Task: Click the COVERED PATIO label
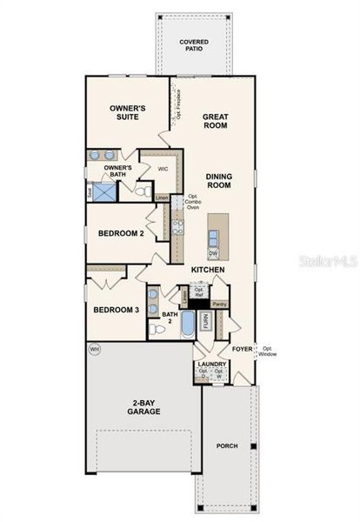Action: click(x=194, y=45)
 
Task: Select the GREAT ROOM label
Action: click(x=215, y=120)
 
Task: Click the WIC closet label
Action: click(x=163, y=170)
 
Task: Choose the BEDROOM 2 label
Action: click(x=121, y=234)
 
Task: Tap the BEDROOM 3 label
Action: click(x=117, y=310)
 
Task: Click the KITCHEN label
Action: click(x=210, y=271)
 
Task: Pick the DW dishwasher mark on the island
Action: click(x=213, y=253)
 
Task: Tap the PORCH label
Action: click(x=227, y=446)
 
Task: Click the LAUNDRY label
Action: click(x=212, y=365)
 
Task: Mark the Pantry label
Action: click(x=220, y=304)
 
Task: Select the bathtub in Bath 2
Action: click(x=188, y=325)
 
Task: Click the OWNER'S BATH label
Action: click(x=117, y=169)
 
